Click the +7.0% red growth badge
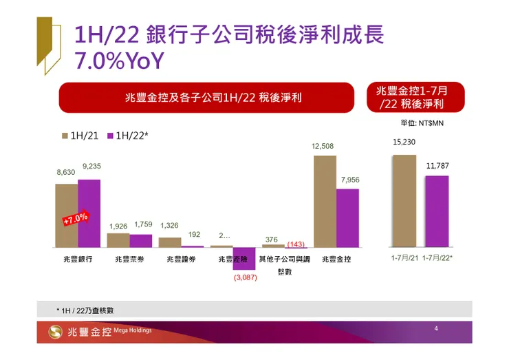pyautogui.click(x=76, y=220)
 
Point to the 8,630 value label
pyautogui.click(x=66, y=173)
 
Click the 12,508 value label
pyautogui.click(x=323, y=146)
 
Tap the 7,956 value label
pyautogui.click(x=350, y=179)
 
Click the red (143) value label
pyautogui.click(x=296, y=244)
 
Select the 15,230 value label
pyautogui.click(x=404, y=142)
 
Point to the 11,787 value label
pyautogui.click(x=436, y=166)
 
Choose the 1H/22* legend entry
pyautogui.click(x=127, y=136)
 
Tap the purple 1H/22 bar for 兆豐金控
pyautogui.click(x=348, y=218)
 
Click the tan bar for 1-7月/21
pyautogui.click(x=404, y=200)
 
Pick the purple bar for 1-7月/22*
pyautogui.click(x=436, y=211)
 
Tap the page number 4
pyautogui.click(x=436, y=330)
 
